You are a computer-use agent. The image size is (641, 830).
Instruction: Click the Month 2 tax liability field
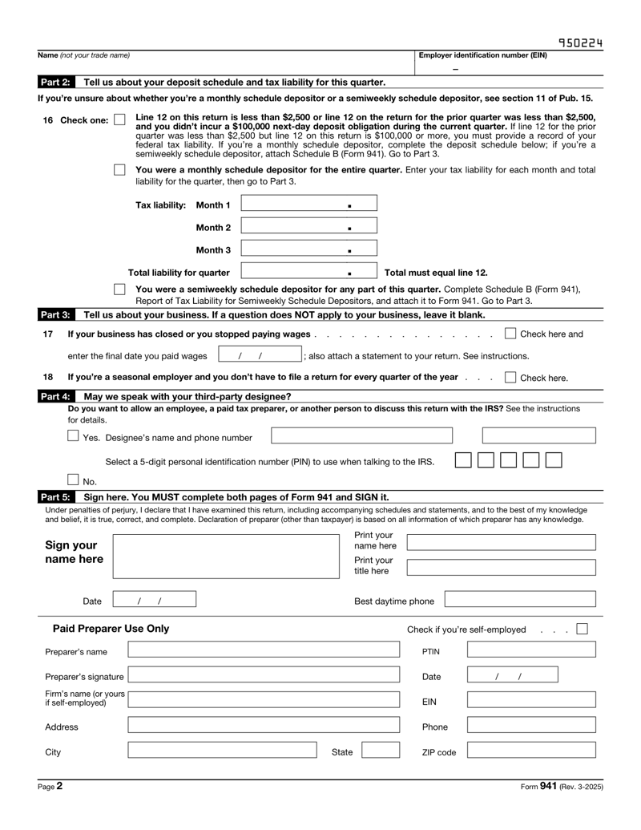[x=308, y=228]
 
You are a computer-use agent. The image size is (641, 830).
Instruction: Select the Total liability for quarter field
[x=308, y=273]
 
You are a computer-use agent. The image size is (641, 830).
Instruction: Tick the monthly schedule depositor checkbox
[x=120, y=171]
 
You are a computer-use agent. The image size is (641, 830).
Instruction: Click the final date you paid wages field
[x=259, y=355]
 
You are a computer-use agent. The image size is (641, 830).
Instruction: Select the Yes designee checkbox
[x=73, y=436]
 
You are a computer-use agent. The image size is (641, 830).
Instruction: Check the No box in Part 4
[x=73, y=480]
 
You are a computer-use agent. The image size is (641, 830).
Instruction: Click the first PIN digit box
[x=463, y=460]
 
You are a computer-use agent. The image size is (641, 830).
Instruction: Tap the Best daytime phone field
[x=520, y=600]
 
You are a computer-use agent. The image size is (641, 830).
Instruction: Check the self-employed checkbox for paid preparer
[x=583, y=629]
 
